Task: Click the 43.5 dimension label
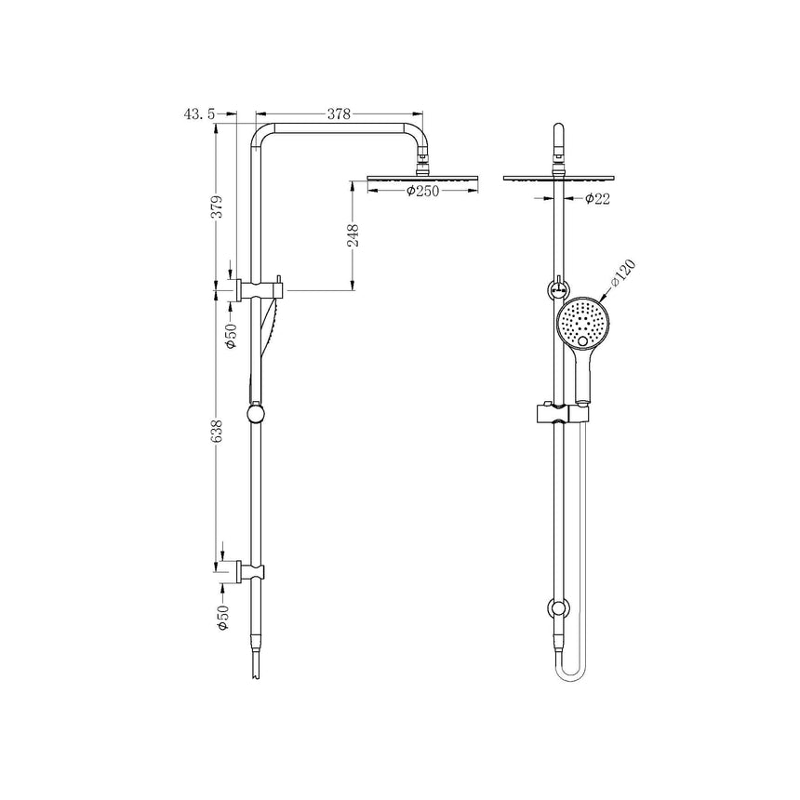click(200, 113)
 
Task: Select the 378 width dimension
click(339, 113)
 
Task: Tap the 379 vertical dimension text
click(216, 207)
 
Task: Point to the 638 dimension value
click(216, 432)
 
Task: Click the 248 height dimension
click(353, 235)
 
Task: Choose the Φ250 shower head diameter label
click(423, 191)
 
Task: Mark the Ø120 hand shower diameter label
click(622, 275)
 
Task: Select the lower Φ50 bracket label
click(223, 618)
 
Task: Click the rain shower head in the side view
click(425, 177)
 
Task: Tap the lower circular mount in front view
click(558, 610)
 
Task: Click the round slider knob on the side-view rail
click(256, 412)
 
